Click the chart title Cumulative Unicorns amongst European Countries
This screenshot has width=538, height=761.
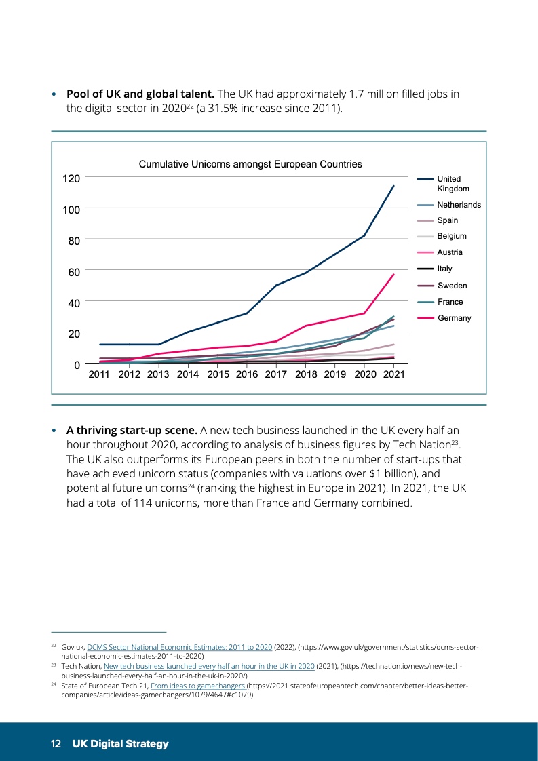[250, 164]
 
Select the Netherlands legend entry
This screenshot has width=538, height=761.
[459, 205]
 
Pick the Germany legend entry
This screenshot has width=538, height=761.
[454, 318]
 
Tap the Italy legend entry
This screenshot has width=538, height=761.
[444, 269]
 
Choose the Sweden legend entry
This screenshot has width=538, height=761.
[452, 286]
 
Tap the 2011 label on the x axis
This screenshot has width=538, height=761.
[100, 374]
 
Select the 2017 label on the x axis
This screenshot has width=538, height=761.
[276, 374]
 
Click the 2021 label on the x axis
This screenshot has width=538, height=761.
[393, 374]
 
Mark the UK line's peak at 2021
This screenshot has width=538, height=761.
[393, 186]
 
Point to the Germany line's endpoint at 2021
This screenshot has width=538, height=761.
[393, 275]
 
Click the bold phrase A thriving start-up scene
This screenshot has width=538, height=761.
[131, 430]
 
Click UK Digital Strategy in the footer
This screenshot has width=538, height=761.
[121, 744]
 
